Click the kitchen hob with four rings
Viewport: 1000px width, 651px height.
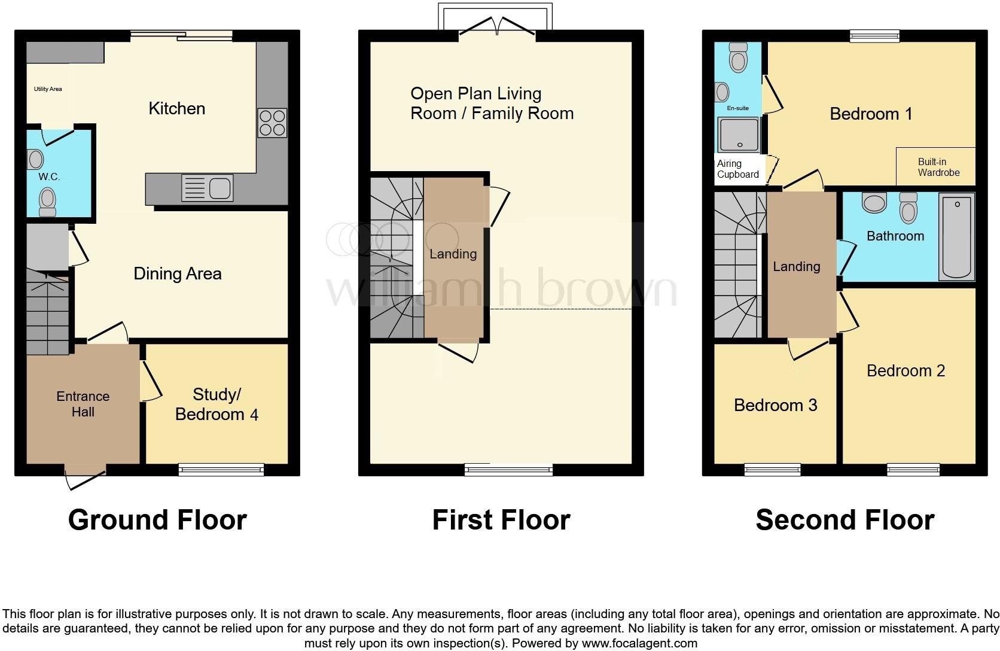pyautogui.click(x=272, y=123)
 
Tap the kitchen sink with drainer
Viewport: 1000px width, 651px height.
pyautogui.click(x=207, y=188)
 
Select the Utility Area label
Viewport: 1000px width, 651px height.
pyautogui.click(x=48, y=89)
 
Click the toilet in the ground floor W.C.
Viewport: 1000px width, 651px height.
pyautogui.click(x=47, y=202)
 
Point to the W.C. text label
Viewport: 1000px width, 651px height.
pyautogui.click(x=49, y=177)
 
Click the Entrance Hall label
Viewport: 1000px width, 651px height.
pyautogui.click(x=83, y=404)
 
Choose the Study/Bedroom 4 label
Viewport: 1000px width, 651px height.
pyautogui.click(x=217, y=404)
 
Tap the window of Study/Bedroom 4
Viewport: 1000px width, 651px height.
pyautogui.click(x=221, y=469)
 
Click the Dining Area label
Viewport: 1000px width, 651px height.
pyautogui.click(x=178, y=273)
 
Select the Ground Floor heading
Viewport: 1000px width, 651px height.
pyautogui.click(x=157, y=520)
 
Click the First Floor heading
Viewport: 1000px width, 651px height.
pyautogui.click(x=501, y=520)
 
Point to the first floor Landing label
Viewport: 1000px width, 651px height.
pyautogui.click(x=453, y=254)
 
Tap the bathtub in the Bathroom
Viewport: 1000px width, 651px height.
pyautogui.click(x=956, y=237)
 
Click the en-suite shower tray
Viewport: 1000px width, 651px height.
pyautogui.click(x=739, y=135)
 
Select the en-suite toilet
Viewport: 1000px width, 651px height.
pyautogui.click(x=739, y=57)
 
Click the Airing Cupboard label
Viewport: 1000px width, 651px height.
pyautogui.click(x=738, y=169)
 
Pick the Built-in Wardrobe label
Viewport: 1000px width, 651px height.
pyautogui.click(x=938, y=167)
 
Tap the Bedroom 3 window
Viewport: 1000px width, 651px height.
pyautogui.click(x=772, y=469)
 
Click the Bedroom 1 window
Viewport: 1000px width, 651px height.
pyautogui.click(x=874, y=36)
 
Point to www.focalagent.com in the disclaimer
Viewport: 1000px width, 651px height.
pyautogui.click(x=639, y=643)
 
